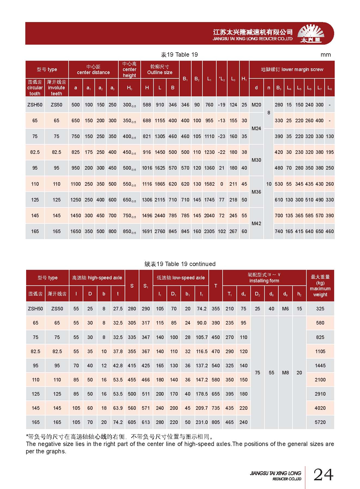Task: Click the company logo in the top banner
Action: (x=311, y=34)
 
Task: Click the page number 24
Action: (x=323, y=475)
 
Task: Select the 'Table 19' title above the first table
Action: (x=179, y=55)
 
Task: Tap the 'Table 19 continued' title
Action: (x=180, y=264)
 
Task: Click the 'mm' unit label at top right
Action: (x=325, y=55)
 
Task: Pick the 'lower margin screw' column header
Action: (x=292, y=69)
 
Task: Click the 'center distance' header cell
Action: (x=93, y=70)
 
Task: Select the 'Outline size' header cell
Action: (x=160, y=70)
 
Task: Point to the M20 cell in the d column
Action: (x=256, y=105)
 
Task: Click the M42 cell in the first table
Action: (x=256, y=224)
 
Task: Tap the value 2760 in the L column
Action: (x=160, y=231)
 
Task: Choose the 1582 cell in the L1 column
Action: (x=209, y=184)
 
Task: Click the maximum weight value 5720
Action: (x=320, y=422)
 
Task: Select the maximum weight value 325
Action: (x=320, y=309)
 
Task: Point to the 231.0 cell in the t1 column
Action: (x=202, y=422)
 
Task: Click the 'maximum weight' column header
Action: (x=320, y=286)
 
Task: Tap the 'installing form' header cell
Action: (x=264, y=278)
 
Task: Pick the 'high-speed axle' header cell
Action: (x=97, y=278)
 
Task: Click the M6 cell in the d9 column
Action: (x=285, y=309)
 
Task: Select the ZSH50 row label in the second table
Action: (x=35, y=309)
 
